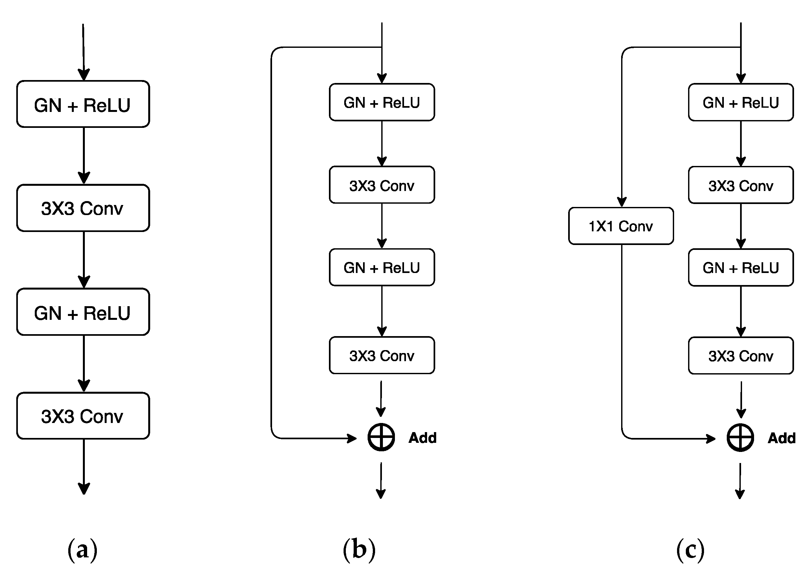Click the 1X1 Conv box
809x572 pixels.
(x=621, y=226)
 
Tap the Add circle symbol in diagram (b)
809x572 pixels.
(x=381, y=437)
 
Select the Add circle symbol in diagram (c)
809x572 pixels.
(x=740, y=438)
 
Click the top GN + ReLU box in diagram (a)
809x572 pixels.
(x=83, y=104)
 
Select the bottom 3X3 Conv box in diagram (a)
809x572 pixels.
(x=83, y=416)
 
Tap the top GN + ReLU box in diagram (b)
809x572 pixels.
(x=382, y=102)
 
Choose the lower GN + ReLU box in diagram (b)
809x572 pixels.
(x=382, y=267)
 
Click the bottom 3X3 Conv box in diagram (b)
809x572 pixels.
(x=382, y=356)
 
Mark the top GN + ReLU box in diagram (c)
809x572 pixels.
(x=741, y=102)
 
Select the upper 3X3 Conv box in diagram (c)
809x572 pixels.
(x=741, y=185)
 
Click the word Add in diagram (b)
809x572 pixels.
(x=423, y=438)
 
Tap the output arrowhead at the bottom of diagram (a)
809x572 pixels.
(x=84, y=489)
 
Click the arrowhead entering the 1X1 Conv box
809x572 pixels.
(x=622, y=202)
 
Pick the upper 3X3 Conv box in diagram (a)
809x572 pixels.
(x=83, y=208)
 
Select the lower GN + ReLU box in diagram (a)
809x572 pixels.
(x=83, y=312)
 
